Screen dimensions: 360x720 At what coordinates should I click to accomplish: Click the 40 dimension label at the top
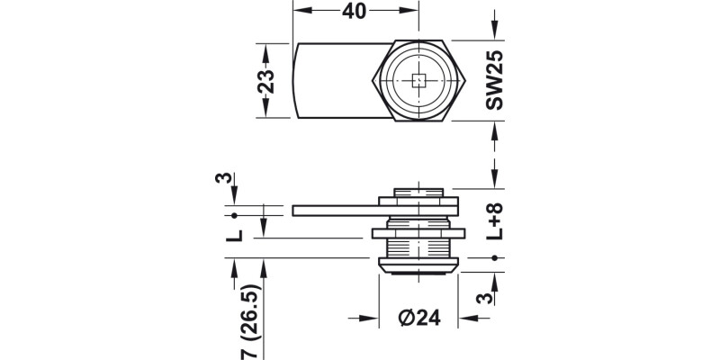tap(357, 13)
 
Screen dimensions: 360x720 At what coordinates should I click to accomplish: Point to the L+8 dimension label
tap(494, 220)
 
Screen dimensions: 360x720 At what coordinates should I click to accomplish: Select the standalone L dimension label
tap(234, 235)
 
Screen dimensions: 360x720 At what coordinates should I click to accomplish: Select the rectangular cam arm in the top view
tap(333, 81)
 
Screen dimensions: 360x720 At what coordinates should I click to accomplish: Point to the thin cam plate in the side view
tap(333, 211)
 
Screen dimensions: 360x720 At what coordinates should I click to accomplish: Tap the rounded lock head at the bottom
tap(418, 265)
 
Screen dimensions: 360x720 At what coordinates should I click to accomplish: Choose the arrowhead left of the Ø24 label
tap(367, 318)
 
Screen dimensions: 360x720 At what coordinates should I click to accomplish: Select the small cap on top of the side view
tap(418, 191)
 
